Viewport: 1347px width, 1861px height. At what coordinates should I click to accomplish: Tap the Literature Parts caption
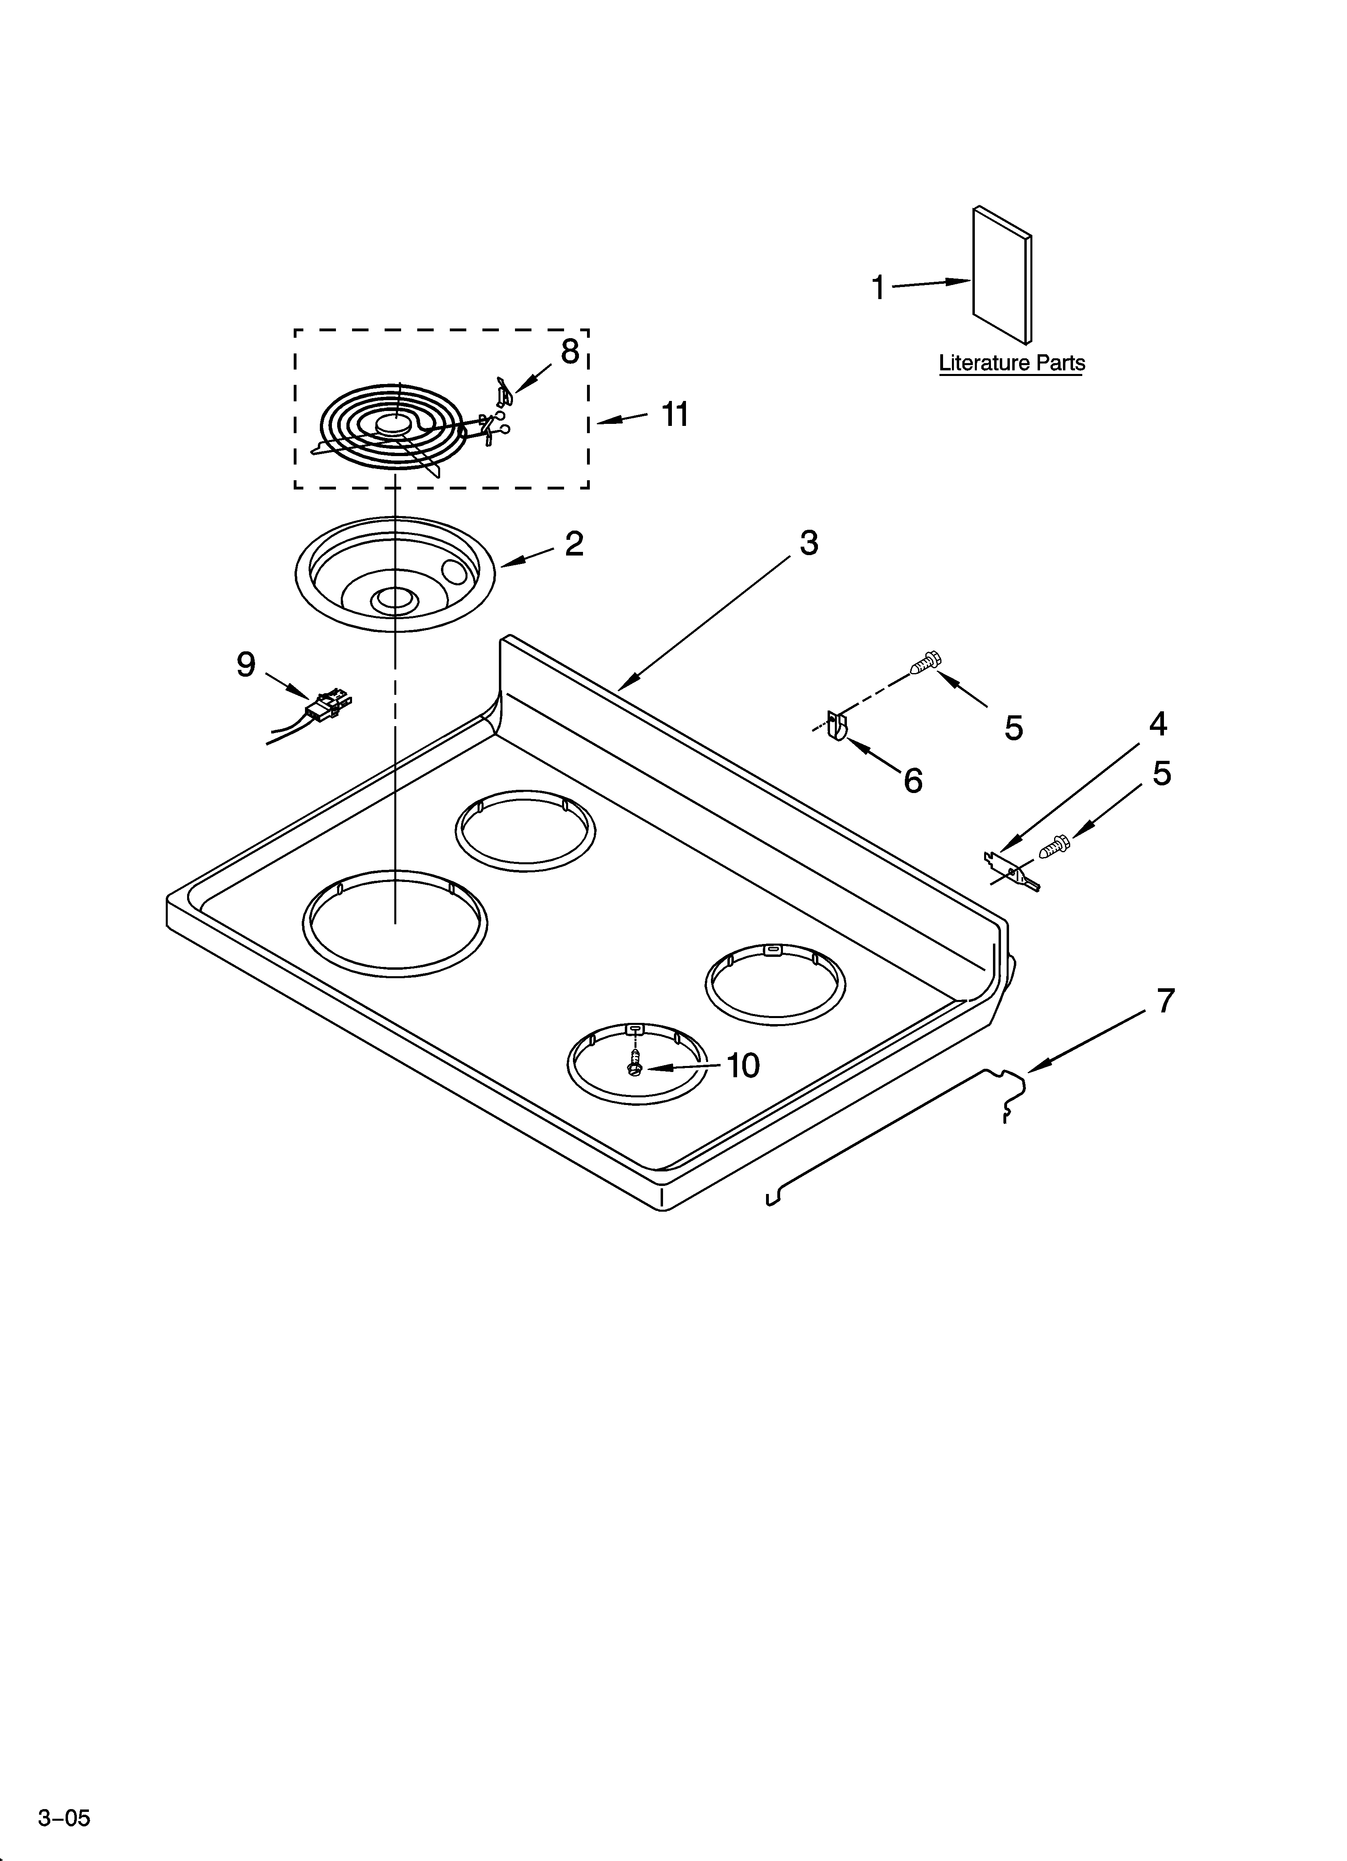coord(1011,363)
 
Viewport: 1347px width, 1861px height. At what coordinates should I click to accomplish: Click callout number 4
coord(1158,724)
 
